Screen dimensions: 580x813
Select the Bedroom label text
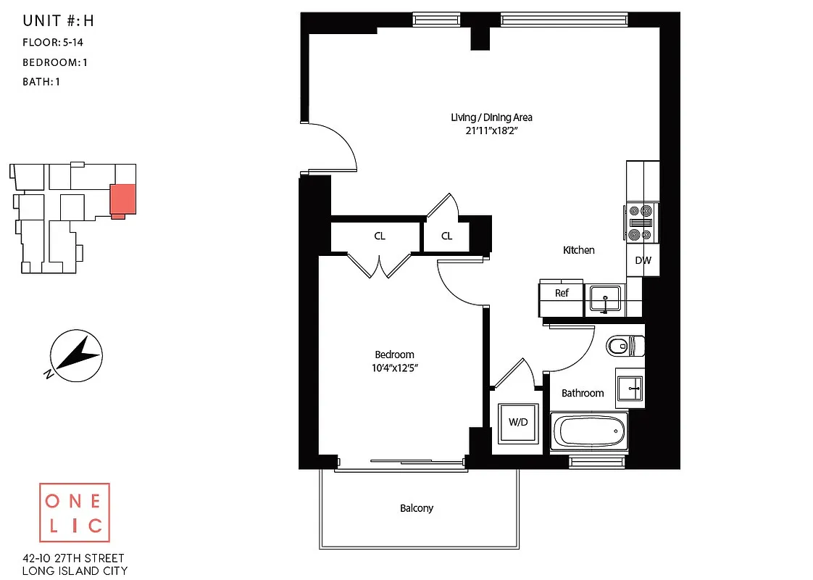click(394, 355)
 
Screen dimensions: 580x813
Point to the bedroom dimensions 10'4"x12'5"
click(394, 368)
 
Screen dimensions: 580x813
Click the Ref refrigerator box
click(562, 294)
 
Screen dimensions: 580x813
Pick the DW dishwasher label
click(643, 260)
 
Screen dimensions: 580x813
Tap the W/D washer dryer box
click(517, 423)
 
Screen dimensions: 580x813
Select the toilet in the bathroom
click(625, 346)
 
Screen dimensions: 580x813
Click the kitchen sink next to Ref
click(604, 298)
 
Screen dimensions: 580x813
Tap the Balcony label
click(417, 508)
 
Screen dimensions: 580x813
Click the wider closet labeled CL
click(380, 236)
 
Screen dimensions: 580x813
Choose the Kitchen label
click(579, 250)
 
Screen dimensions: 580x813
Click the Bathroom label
click(583, 393)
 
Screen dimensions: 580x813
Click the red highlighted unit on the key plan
click(122, 197)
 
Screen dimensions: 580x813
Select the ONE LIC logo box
click(74, 513)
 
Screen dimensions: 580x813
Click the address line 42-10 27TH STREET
click(73, 558)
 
